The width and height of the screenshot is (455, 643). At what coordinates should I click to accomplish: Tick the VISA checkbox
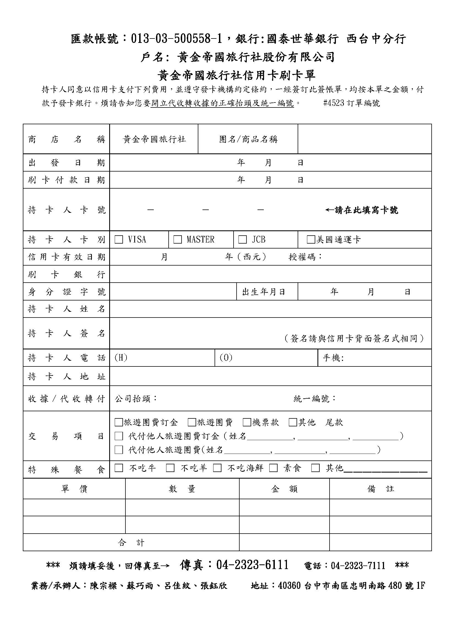pyautogui.click(x=119, y=239)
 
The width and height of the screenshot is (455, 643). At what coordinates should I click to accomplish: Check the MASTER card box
pyautogui.click(x=178, y=239)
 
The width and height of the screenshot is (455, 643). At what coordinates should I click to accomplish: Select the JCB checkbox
pyautogui.click(x=242, y=239)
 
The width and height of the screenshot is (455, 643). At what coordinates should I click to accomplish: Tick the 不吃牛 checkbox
pyautogui.click(x=119, y=468)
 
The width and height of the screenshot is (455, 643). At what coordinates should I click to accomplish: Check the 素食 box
pyautogui.click(x=273, y=468)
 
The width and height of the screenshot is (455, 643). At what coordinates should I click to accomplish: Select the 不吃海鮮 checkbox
pyautogui.click(x=217, y=468)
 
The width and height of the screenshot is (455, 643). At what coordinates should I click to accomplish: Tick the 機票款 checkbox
pyautogui.click(x=247, y=422)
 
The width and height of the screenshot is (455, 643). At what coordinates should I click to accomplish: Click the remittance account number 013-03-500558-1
pyautogui.click(x=177, y=39)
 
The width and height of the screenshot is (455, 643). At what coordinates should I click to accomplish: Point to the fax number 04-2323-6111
pyautogui.click(x=252, y=565)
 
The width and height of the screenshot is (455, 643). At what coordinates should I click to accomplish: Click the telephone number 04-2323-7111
pyautogui.click(x=358, y=566)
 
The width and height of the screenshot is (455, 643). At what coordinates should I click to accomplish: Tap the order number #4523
pyautogui.click(x=333, y=103)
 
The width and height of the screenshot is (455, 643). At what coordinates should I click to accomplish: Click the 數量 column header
pyautogui.click(x=182, y=489)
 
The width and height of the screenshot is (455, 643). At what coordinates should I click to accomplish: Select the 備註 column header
pyautogui.click(x=380, y=489)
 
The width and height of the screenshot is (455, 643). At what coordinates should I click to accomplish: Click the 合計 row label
pyautogui.click(x=131, y=543)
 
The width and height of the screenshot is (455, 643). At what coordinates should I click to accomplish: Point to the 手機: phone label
pyautogui.click(x=333, y=358)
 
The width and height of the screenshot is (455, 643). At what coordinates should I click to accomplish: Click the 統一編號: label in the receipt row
pyautogui.click(x=315, y=399)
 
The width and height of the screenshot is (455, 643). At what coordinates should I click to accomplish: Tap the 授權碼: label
pyautogui.click(x=306, y=257)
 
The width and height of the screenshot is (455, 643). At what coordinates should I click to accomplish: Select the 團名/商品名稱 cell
pyautogui.click(x=248, y=139)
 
